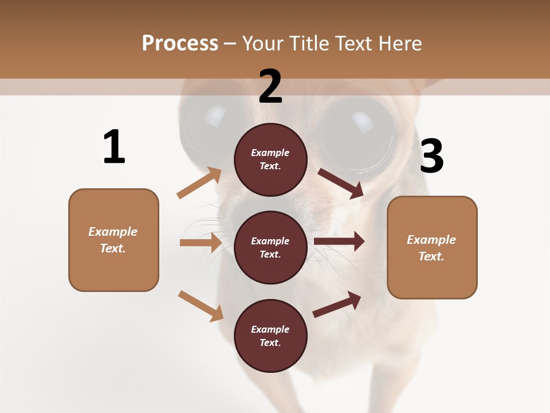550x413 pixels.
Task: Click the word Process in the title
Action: pyautogui.click(x=180, y=44)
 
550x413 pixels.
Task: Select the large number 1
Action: pyautogui.click(x=114, y=147)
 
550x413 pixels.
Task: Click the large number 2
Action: pyautogui.click(x=270, y=87)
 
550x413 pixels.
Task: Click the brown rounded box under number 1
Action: pyautogui.click(x=113, y=240)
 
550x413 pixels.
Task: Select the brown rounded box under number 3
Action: pyautogui.click(x=432, y=247)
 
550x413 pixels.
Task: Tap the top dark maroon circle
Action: pyautogui.click(x=270, y=159)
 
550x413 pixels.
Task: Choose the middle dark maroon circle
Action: pyautogui.click(x=270, y=247)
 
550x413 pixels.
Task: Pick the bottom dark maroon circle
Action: pyautogui.click(x=270, y=336)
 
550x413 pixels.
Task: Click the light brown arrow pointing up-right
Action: pyautogui.click(x=199, y=183)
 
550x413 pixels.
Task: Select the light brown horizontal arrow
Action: pyautogui.click(x=201, y=243)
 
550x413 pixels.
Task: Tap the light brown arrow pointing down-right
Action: pyautogui.click(x=201, y=305)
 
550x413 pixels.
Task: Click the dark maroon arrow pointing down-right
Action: pyautogui.click(x=340, y=183)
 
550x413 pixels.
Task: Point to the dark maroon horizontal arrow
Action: pyautogui.click(x=339, y=241)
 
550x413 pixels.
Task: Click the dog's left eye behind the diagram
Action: pyautogui.click(x=206, y=118)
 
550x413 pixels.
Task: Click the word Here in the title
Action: pyautogui.click(x=399, y=44)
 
